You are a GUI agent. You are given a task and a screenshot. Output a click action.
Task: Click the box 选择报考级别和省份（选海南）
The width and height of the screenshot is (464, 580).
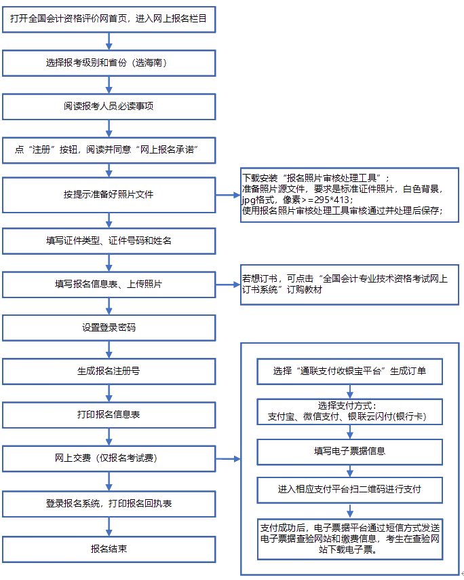pos(109,63)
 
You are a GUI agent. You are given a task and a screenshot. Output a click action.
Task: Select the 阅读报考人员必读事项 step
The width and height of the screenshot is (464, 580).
pos(109,107)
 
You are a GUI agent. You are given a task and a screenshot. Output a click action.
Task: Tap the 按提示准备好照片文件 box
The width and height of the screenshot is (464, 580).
pos(109,194)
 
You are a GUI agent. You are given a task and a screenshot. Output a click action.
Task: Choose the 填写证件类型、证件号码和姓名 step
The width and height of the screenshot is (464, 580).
pos(109,240)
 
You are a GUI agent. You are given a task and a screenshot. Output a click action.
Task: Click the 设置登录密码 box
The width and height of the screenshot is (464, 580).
pos(109,327)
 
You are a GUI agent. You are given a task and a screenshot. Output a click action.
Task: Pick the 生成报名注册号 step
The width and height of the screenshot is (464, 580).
pos(109,371)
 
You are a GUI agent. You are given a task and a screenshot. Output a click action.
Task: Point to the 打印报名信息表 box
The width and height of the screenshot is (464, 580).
pos(109,414)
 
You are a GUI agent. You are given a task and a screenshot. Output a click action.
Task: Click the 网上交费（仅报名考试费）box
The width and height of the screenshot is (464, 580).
pos(109,458)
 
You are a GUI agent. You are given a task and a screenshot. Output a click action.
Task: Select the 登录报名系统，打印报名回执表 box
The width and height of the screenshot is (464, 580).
pos(109,503)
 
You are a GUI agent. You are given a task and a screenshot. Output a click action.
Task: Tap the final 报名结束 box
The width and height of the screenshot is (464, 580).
pos(109,548)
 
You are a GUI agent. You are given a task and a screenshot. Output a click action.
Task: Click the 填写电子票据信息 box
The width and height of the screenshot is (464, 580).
pos(350,451)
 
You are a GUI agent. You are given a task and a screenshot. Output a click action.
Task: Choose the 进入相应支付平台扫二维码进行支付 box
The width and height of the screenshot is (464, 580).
pos(350,489)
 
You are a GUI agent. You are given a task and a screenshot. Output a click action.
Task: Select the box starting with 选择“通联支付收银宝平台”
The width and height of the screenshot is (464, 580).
pos(350,371)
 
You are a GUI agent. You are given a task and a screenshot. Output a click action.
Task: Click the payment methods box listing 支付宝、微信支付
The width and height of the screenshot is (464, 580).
pos(350,412)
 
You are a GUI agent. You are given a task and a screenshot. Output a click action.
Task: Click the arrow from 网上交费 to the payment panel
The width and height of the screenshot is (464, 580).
pos(228,459)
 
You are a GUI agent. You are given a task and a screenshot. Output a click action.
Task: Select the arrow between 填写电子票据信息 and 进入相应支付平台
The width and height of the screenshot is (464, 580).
pos(350,470)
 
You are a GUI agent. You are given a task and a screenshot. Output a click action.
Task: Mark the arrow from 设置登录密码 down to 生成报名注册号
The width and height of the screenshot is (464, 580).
pos(109,349)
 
